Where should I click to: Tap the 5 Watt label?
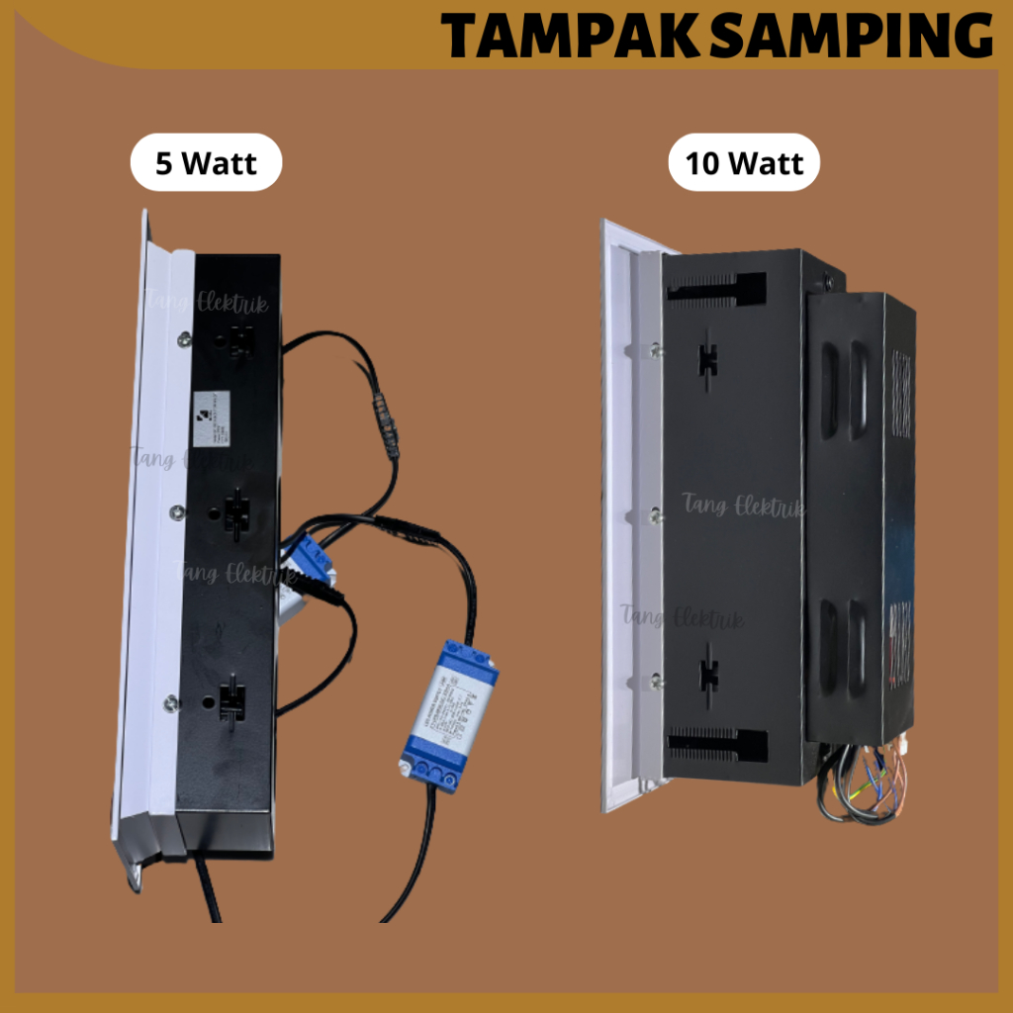coord(206,162)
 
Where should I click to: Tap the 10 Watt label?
coord(744,162)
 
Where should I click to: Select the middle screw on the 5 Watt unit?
coord(176,511)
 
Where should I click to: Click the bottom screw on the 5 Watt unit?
coord(171,702)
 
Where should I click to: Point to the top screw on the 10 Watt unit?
coord(655,349)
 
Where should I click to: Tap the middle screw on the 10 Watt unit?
coord(656,514)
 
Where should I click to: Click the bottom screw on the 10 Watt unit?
coord(656,679)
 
